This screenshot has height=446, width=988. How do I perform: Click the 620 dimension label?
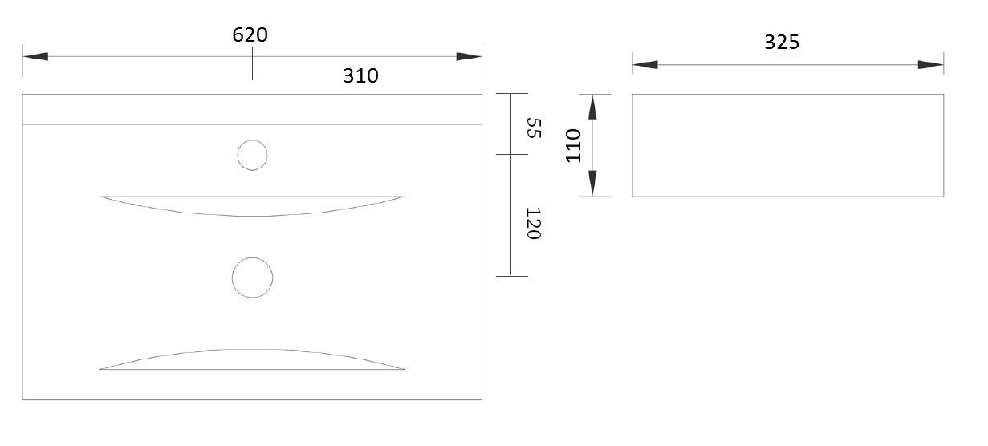pos(250,34)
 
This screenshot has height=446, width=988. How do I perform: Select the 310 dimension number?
pos(360,75)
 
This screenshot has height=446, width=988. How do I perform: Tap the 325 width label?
pos(782,43)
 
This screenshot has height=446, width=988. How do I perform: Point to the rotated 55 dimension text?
pos(535,128)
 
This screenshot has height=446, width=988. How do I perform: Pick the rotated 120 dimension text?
pos(534,224)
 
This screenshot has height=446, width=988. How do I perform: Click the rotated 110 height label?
pos(573,146)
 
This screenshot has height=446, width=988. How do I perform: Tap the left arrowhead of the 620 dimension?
pos(35,56)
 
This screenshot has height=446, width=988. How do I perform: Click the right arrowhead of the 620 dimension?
pos(469,56)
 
